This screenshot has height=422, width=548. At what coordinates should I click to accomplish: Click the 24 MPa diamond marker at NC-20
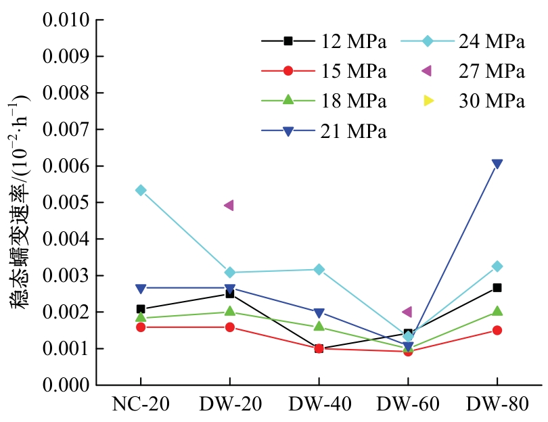(141, 190)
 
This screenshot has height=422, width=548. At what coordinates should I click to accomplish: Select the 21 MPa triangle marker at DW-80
(497, 164)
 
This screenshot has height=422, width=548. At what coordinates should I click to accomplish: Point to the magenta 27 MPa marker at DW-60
(407, 312)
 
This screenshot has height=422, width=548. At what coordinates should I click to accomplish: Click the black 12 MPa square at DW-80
(497, 287)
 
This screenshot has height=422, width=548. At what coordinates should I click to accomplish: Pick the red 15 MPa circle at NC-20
(141, 327)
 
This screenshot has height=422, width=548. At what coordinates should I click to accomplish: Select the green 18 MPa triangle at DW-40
(319, 327)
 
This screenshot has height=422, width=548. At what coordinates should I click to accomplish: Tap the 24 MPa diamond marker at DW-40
(319, 269)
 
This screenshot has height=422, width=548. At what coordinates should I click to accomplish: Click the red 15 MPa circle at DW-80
(497, 330)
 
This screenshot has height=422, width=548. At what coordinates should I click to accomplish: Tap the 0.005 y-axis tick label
(66, 202)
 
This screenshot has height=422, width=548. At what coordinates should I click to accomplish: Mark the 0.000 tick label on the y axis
(66, 385)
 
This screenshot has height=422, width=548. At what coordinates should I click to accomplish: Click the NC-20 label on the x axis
(141, 405)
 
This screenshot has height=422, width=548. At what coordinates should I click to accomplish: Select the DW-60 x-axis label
(408, 405)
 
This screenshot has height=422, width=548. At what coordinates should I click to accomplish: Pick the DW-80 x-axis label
(497, 405)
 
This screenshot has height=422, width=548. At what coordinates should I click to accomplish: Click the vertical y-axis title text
(20, 203)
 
